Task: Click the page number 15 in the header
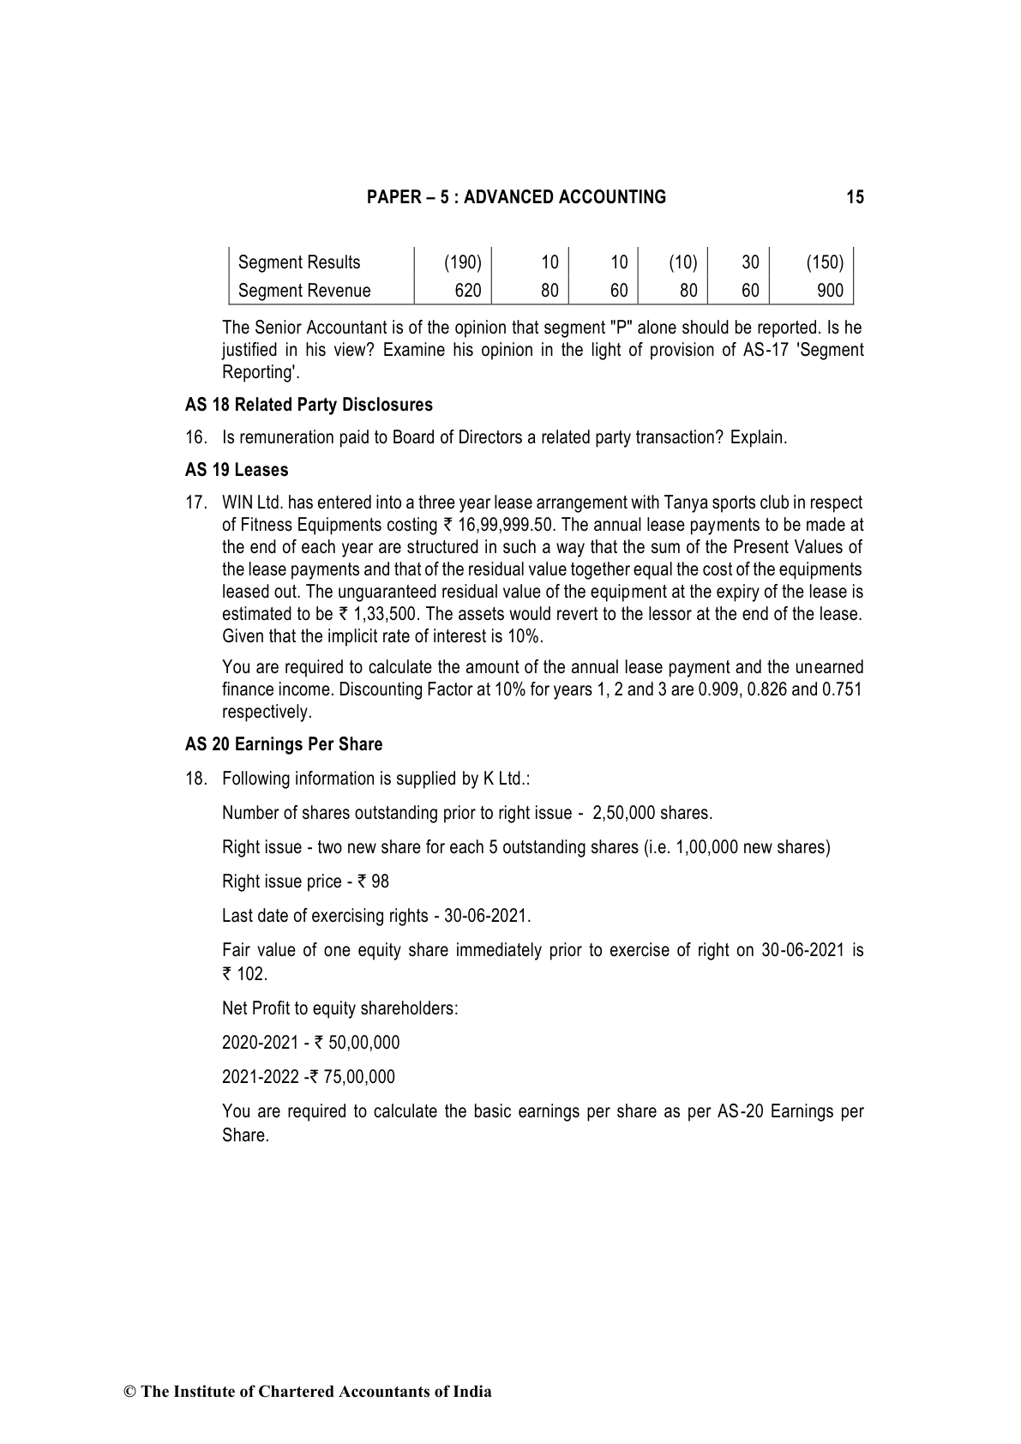coord(855,197)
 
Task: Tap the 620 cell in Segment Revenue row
coord(467,291)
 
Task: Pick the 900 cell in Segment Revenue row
coord(830,291)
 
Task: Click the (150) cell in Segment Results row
coord(825,262)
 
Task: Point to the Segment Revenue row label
coord(304,291)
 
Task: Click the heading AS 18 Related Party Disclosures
coord(309,405)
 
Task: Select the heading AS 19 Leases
coord(237,470)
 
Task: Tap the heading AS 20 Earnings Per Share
coord(284,744)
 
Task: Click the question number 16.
coord(195,437)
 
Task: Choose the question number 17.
coord(195,502)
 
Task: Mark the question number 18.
coord(195,779)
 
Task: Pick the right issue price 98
coord(380,881)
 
